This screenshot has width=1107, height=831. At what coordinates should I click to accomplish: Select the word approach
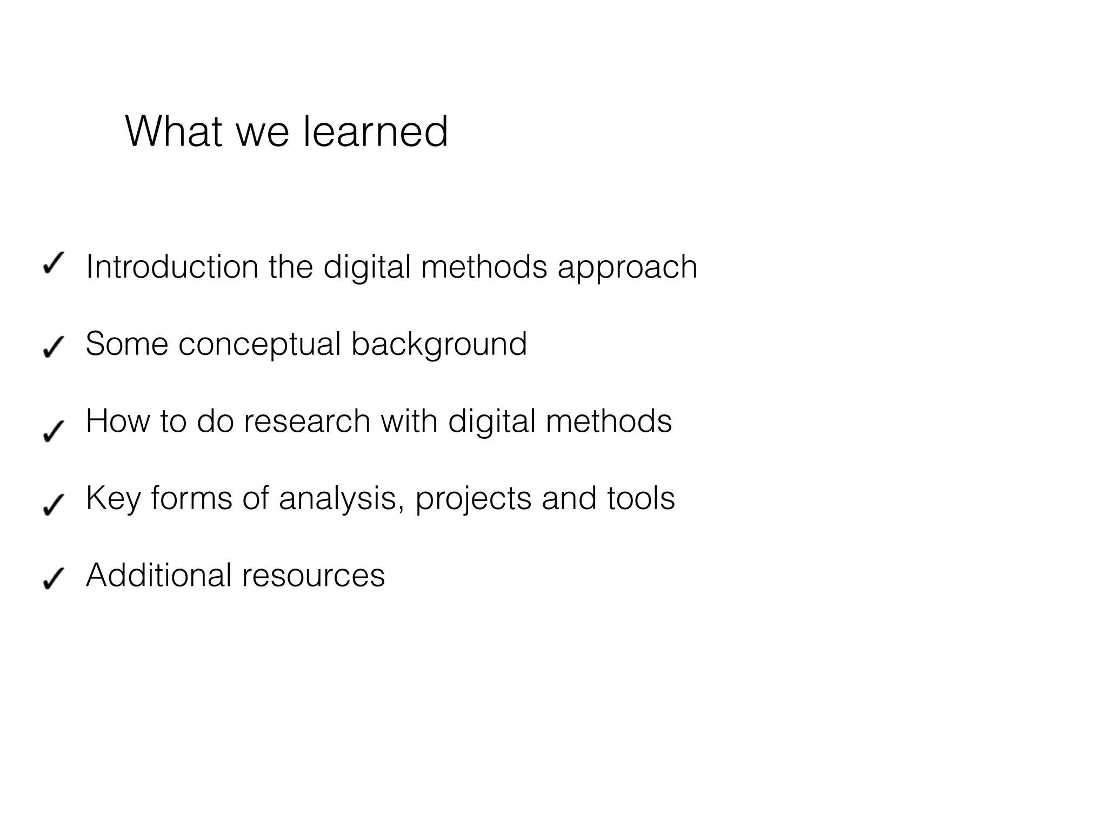627,268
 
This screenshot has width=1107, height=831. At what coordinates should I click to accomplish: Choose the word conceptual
259,345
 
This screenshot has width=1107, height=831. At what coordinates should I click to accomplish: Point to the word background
439,345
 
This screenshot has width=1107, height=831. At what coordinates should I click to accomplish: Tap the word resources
314,576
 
